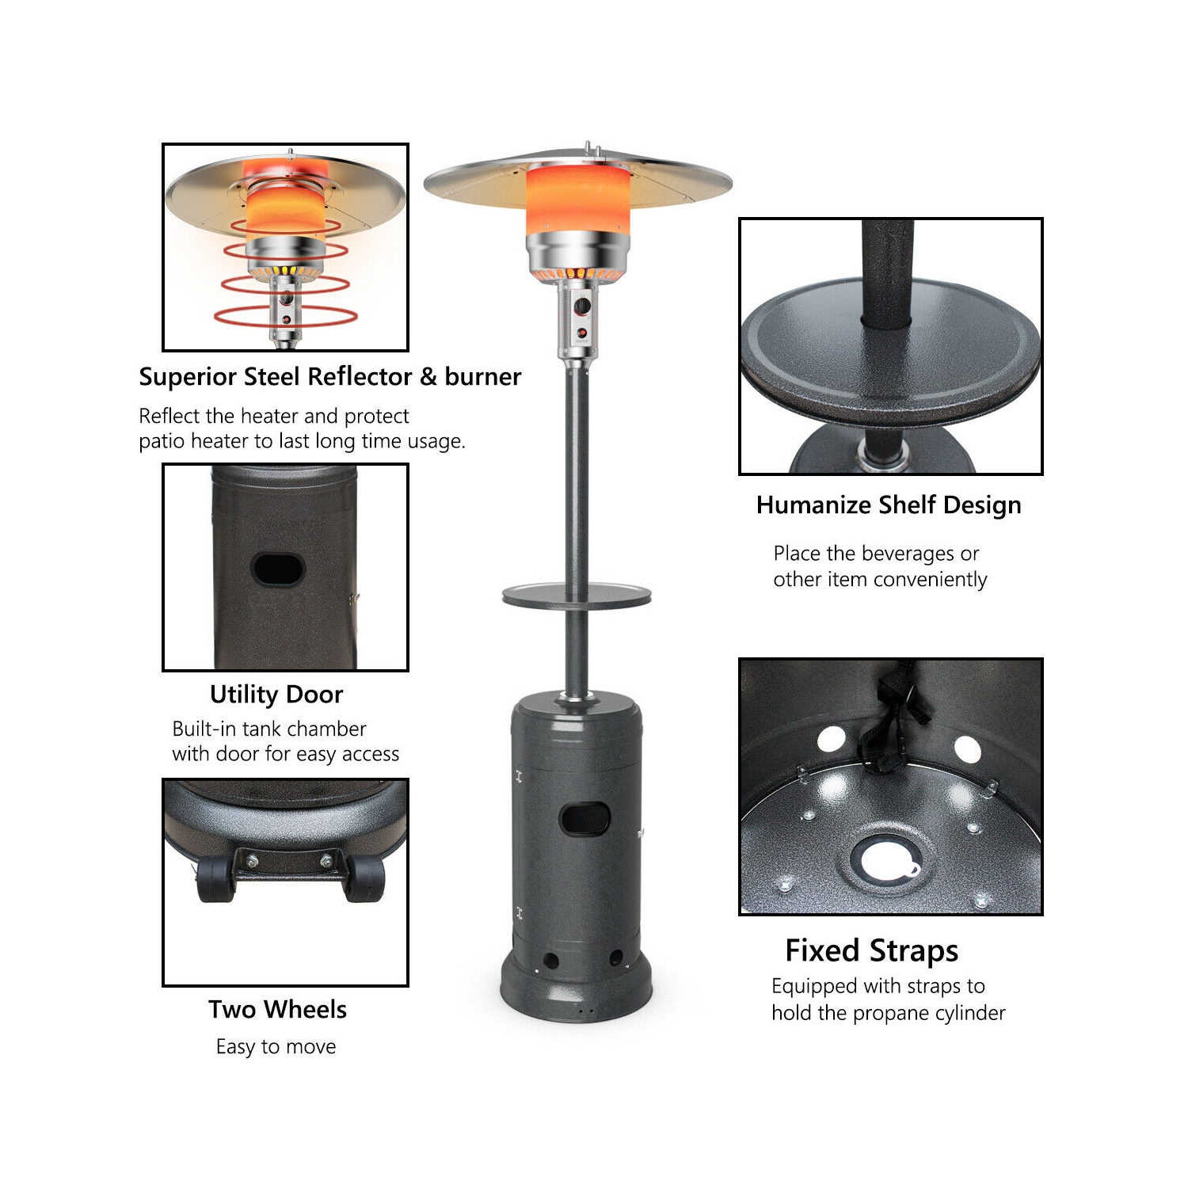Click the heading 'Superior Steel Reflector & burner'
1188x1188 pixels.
tap(329, 377)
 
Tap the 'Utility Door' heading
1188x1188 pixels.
tap(276, 695)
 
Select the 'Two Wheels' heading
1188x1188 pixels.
tap(277, 1010)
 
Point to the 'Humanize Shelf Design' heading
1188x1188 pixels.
tap(889, 505)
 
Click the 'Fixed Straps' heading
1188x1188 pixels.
tap(871, 950)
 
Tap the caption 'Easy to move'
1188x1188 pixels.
tap(276, 1047)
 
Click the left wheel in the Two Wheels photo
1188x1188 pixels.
tap(215, 879)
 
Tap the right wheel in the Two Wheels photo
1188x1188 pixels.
tap(365, 879)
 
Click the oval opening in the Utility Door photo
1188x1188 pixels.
tap(278, 569)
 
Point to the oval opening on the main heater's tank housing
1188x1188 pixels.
tap(584, 820)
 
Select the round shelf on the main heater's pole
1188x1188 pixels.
tap(577, 596)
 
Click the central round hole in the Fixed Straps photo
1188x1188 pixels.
tap(881, 860)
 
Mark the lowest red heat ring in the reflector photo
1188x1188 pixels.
tap(285, 317)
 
